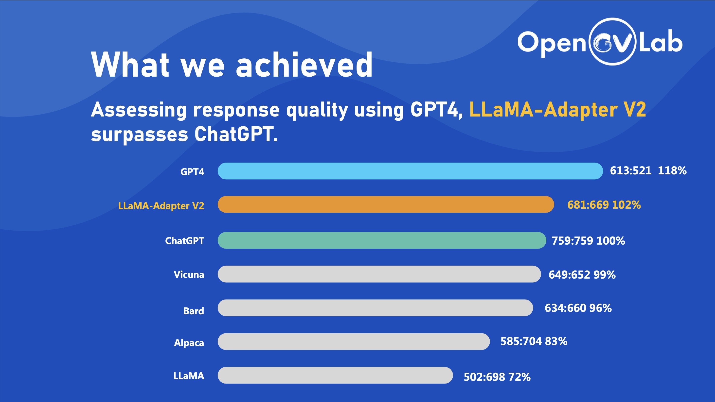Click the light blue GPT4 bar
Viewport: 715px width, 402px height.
[410, 171]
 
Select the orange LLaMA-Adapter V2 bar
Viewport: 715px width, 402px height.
[386, 205]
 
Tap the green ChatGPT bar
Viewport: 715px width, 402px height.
[382, 240]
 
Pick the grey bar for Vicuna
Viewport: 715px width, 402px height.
[379, 274]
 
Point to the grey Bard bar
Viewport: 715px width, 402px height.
[375, 308]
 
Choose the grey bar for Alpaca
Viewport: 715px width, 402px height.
[354, 342]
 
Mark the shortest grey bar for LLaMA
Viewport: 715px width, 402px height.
[335, 375]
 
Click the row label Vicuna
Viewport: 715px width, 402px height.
[189, 274]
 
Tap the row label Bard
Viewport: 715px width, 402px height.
[194, 311]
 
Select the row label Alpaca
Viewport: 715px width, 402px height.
[189, 343]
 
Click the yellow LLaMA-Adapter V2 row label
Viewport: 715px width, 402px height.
[161, 206]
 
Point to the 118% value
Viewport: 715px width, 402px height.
[672, 170]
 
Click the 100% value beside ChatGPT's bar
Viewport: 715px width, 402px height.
[611, 241]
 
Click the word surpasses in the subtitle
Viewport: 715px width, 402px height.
[140, 135]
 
